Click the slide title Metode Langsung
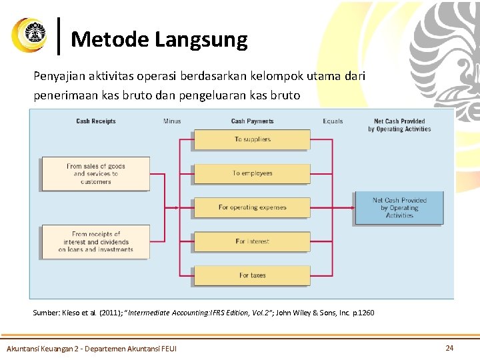coord(159,39)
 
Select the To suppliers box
coord(252,139)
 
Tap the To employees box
coord(252,173)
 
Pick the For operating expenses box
coord(252,207)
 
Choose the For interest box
coord(252,241)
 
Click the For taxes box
coord(252,275)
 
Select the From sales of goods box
coord(96,174)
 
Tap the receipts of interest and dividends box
coord(96,242)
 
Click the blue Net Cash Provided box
coord(399,208)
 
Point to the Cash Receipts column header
coord(96,121)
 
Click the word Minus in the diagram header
coord(172,121)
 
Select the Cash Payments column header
coord(252,121)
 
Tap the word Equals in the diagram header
coord(333,121)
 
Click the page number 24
coord(449,347)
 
